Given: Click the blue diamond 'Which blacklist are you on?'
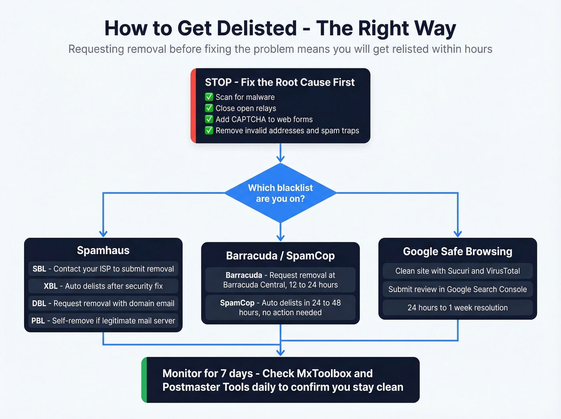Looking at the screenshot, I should (x=280, y=193).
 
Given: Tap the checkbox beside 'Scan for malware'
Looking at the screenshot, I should (x=209, y=97).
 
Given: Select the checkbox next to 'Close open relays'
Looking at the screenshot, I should (x=209, y=108).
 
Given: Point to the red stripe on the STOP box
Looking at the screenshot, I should (x=193, y=106).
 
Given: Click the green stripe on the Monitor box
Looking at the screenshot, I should (x=144, y=380).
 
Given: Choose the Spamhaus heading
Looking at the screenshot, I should (x=103, y=251).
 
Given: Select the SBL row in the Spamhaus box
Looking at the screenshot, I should (x=103, y=269).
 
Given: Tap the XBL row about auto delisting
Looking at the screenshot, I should (x=103, y=286).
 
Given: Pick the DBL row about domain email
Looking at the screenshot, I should (x=103, y=304).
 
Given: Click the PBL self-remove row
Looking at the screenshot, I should (x=103, y=321).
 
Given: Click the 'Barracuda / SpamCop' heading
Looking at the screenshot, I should (x=280, y=256).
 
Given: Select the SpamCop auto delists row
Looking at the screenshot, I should (x=280, y=308).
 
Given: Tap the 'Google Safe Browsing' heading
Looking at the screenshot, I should (x=457, y=251).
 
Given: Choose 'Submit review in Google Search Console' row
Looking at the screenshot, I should (x=457, y=289).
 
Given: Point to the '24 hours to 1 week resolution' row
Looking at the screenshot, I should (x=457, y=308).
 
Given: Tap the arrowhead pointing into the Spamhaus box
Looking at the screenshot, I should (x=103, y=233).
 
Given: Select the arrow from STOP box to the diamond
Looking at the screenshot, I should (x=280, y=153).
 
